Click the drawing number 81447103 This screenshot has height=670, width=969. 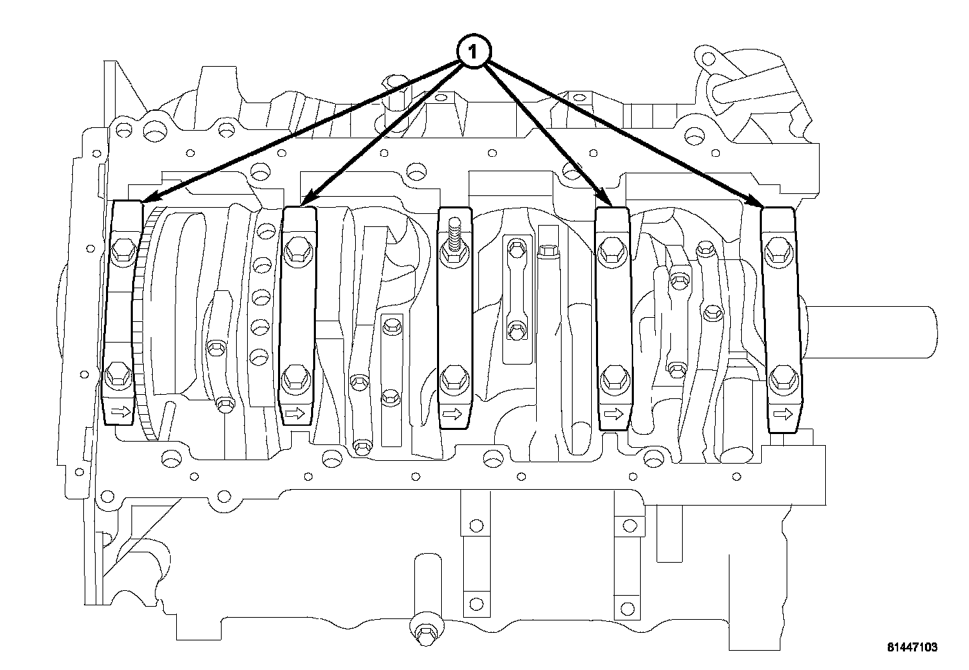pos(911,648)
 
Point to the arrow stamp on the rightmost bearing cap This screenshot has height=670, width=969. pos(782,414)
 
